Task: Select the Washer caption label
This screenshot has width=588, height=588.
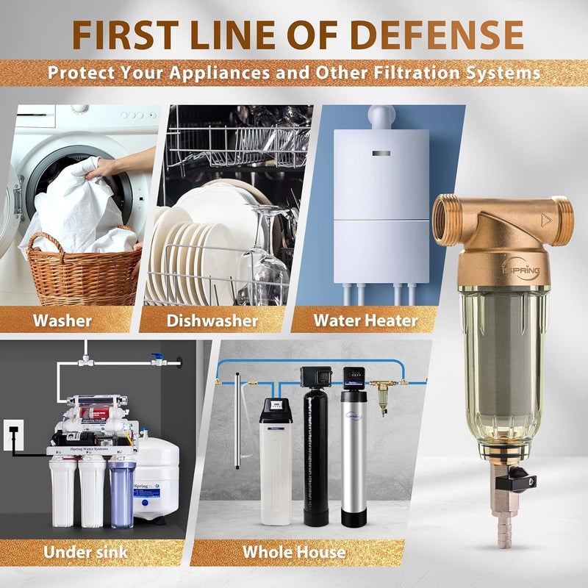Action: pos(62,320)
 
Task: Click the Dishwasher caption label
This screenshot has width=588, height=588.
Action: pos(212,320)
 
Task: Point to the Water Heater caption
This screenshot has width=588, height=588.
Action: pos(365,320)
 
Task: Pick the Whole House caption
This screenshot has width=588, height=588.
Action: pos(294,551)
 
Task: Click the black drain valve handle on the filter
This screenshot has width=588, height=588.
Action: pos(521,481)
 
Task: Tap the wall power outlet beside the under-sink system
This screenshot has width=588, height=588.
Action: pos(12,434)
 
